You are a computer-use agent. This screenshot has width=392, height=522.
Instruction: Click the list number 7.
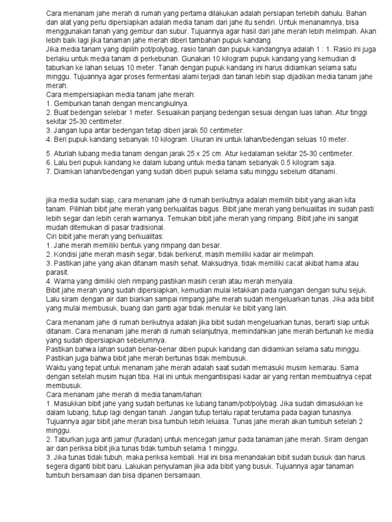(48, 171)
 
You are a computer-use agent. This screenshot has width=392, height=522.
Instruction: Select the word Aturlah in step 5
(65, 153)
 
